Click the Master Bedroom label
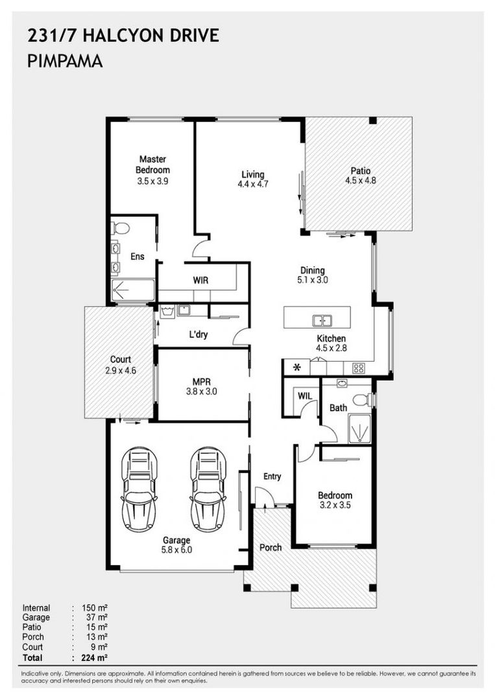pyautogui.click(x=153, y=164)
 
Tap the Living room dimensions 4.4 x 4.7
pyautogui.click(x=253, y=184)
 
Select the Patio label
pyautogui.click(x=361, y=170)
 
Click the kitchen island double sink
pyautogui.click(x=321, y=321)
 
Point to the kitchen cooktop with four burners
pyautogui.click(x=358, y=368)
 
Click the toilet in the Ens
pyautogui.click(x=119, y=228)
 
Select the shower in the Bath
pyautogui.click(x=359, y=429)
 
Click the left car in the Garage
pyautogui.click(x=139, y=489)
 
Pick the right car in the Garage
pyautogui.click(x=208, y=489)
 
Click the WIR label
pyautogui.click(x=200, y=281)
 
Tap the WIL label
pyautogui.click(x=305, y=396)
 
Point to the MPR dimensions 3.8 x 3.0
pyautogui.click(x=202, y=391)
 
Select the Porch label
pyautogui.click(x=271, y=547)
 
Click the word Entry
pyautogui.click(x=272, y=477)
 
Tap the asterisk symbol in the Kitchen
pyautogui.click(x=296, y=368)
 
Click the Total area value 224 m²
pyautogui.click(x=94, y=658)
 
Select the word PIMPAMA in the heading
pyautogui.click(x=66, y=61)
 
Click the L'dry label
pyautogui.click(x=199, y=334)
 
